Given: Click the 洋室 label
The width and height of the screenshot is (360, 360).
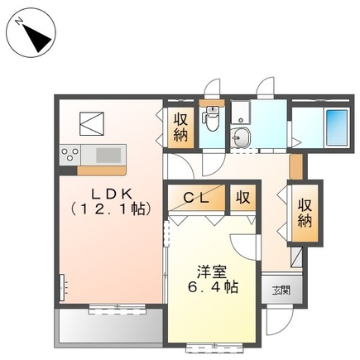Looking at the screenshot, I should [211, 271].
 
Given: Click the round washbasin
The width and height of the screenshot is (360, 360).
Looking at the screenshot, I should [242, 138].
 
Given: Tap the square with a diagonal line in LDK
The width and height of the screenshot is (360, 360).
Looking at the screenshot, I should [90, 124].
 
